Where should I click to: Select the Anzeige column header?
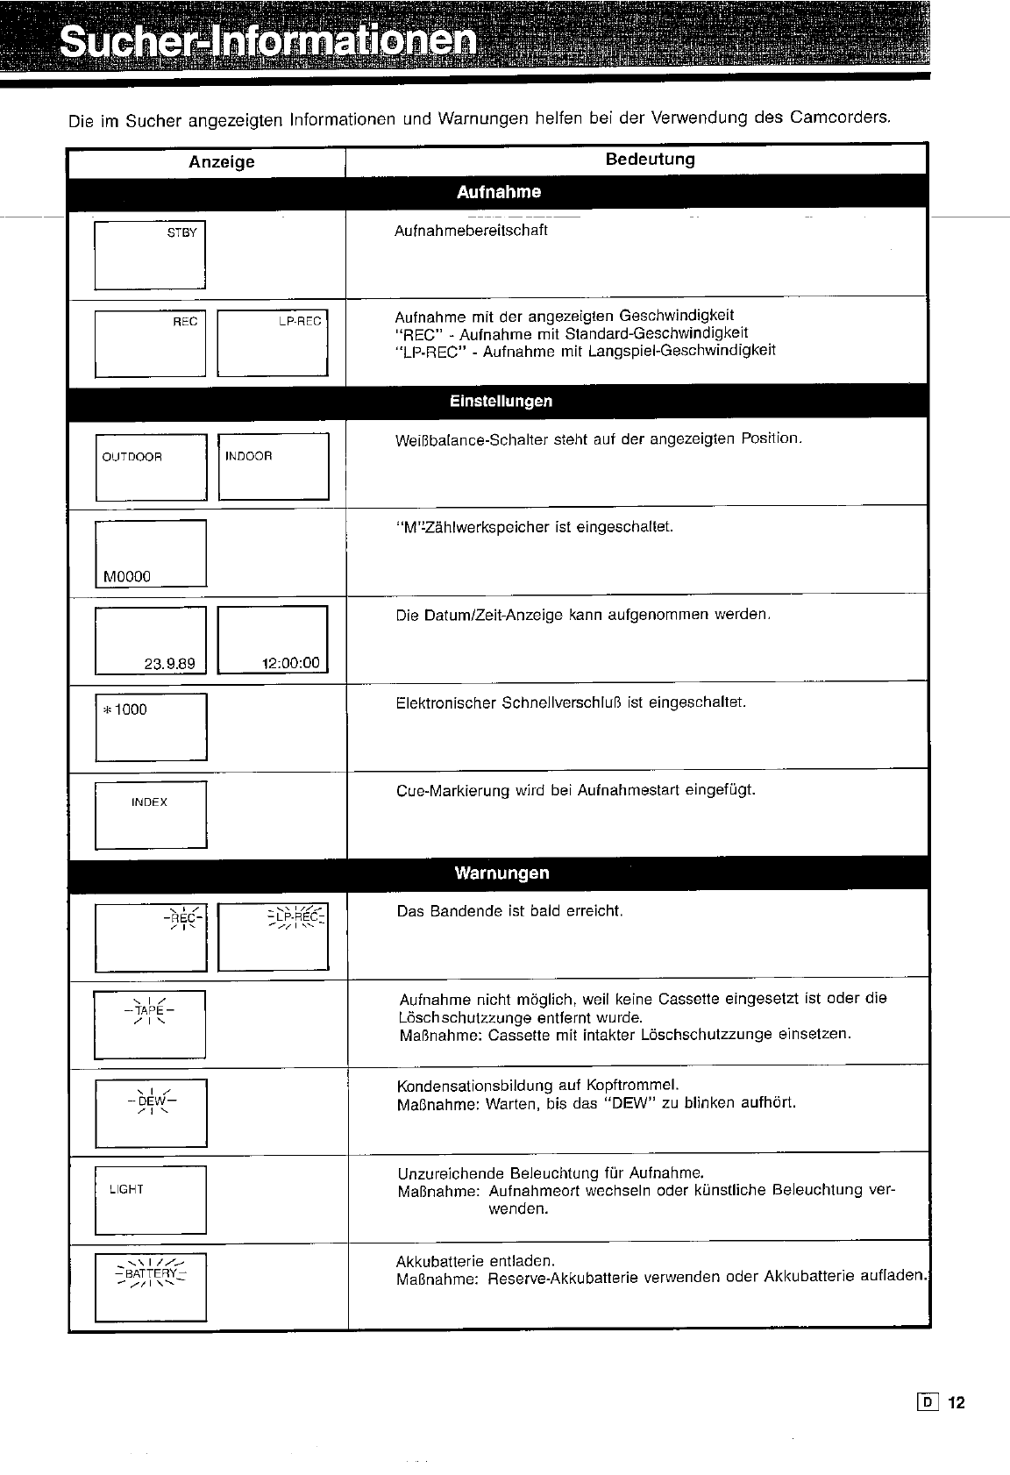click(x=222, y=162)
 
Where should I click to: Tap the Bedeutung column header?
click(x=650, y=160)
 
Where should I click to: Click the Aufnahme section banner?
click(x=499, y=192)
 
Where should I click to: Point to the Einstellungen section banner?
click(x=501, y=402)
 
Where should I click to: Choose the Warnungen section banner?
click(x=501, y=873)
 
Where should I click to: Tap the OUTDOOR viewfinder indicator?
click(x=132, y=457)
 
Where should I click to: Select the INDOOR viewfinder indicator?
click(x=249, y=456)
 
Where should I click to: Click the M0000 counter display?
click(x=127, y=576)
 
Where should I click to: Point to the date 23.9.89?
click(x=170, y=664)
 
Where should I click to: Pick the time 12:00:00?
click(x=291, y=663)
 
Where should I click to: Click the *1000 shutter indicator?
click(x=124, y=709)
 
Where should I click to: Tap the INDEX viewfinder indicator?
click(x=149, y=802)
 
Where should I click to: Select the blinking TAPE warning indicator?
click(x=149, y=1010)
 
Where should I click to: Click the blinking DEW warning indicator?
click(x=151, y=1100)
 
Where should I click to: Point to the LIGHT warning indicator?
click(x=126, y=1189)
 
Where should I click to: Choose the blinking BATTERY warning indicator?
click(x=151, y=1273)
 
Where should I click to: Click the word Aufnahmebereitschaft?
click(x=471, y=231)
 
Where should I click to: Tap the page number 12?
click(x=956, y=1403)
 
